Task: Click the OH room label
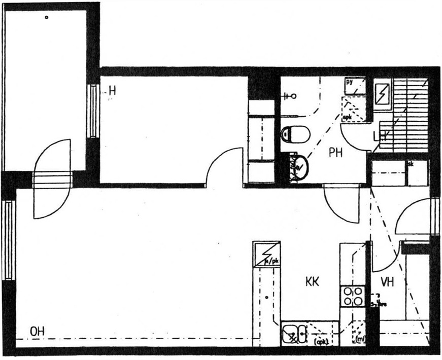coord(37,332)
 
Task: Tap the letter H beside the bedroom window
coord(112,91)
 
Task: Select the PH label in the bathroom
coord(336,152)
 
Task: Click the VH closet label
coord(388,281)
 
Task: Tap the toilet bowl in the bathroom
coord(296,134)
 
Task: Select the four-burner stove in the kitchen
coord(352,296)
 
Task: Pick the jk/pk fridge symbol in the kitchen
coord(266,254)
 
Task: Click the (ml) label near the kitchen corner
coord(361,339)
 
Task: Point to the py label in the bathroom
coord(350,81)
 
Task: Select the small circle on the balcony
coord(47,17)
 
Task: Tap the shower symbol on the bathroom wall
coord(291,95)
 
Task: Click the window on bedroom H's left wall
coord(93,111)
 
